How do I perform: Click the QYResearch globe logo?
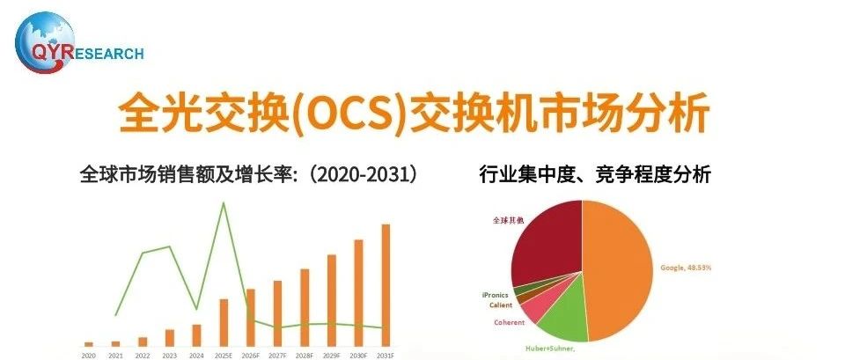(x=44, y=42)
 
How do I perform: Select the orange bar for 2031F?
(x=386, y=285)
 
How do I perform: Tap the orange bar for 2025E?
(x=224, y=322)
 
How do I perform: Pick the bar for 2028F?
(x=305, y=307)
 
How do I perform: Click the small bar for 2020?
(x=88, y=344)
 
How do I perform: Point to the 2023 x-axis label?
(x=169, y=356)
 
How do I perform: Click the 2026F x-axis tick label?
(x=251, y=356)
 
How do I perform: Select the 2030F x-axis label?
(x=359, y=356)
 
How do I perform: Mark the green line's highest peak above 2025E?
(x=223, y=202)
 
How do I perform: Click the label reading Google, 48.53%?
(x=686, y=268)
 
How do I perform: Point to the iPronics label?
(x=495, y=296)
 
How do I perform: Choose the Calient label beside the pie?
(x=501, y=305)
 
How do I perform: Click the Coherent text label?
(x=510, y=322)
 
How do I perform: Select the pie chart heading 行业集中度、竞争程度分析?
(x=595, y=174)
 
